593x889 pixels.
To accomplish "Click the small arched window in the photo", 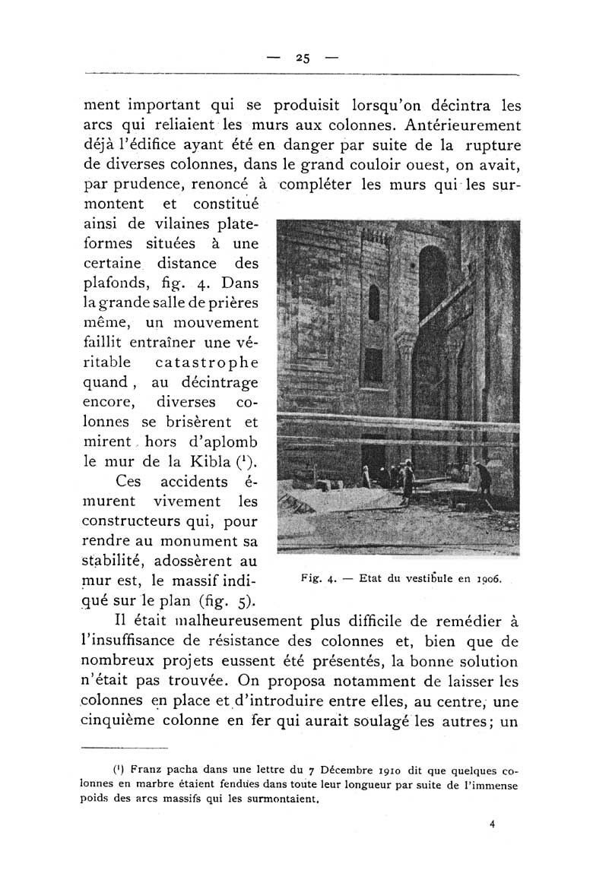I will [x=373, y=302].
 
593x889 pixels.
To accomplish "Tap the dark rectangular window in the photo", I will [x=373, y=365].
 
